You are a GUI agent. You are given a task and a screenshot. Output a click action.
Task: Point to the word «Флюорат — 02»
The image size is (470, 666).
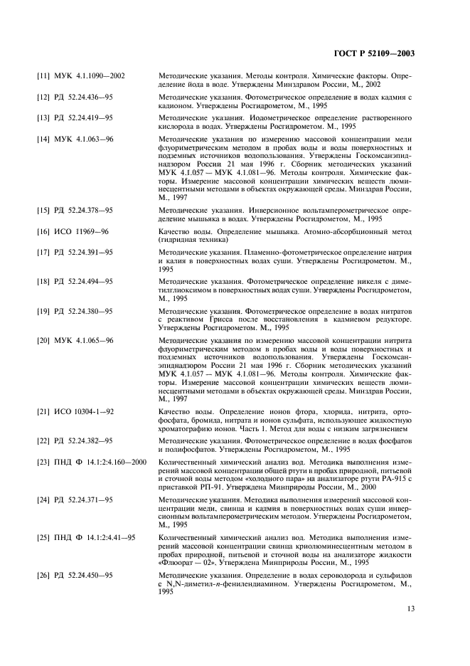tap(187, 561)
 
